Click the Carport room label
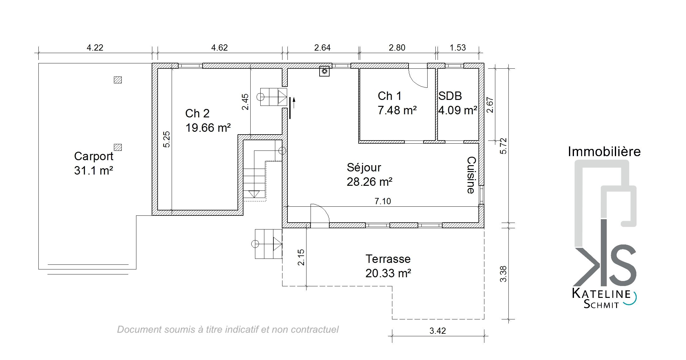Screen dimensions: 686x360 click(94, 156)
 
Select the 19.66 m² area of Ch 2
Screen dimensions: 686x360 click(208, 128)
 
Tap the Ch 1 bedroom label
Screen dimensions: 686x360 click(390, 96)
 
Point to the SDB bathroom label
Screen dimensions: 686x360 click(450, 96)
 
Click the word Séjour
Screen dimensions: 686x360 click(364, 167)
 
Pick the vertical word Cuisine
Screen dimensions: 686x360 click(471, 175)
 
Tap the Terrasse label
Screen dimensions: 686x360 click(388, 259)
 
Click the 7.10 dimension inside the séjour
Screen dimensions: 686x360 click(383, 201)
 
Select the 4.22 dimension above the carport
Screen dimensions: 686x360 click(95, 47)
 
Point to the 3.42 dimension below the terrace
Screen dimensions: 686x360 click(438, 331)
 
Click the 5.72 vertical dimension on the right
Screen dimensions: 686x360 click(503, 146)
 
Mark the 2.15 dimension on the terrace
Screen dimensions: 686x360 click(301, 257)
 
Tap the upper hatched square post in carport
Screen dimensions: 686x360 click(118, 80)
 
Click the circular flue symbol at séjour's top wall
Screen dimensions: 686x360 click(325, 72)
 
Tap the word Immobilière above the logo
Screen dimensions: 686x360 click(604, 151)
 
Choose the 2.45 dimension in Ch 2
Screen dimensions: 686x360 click(245, 102)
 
